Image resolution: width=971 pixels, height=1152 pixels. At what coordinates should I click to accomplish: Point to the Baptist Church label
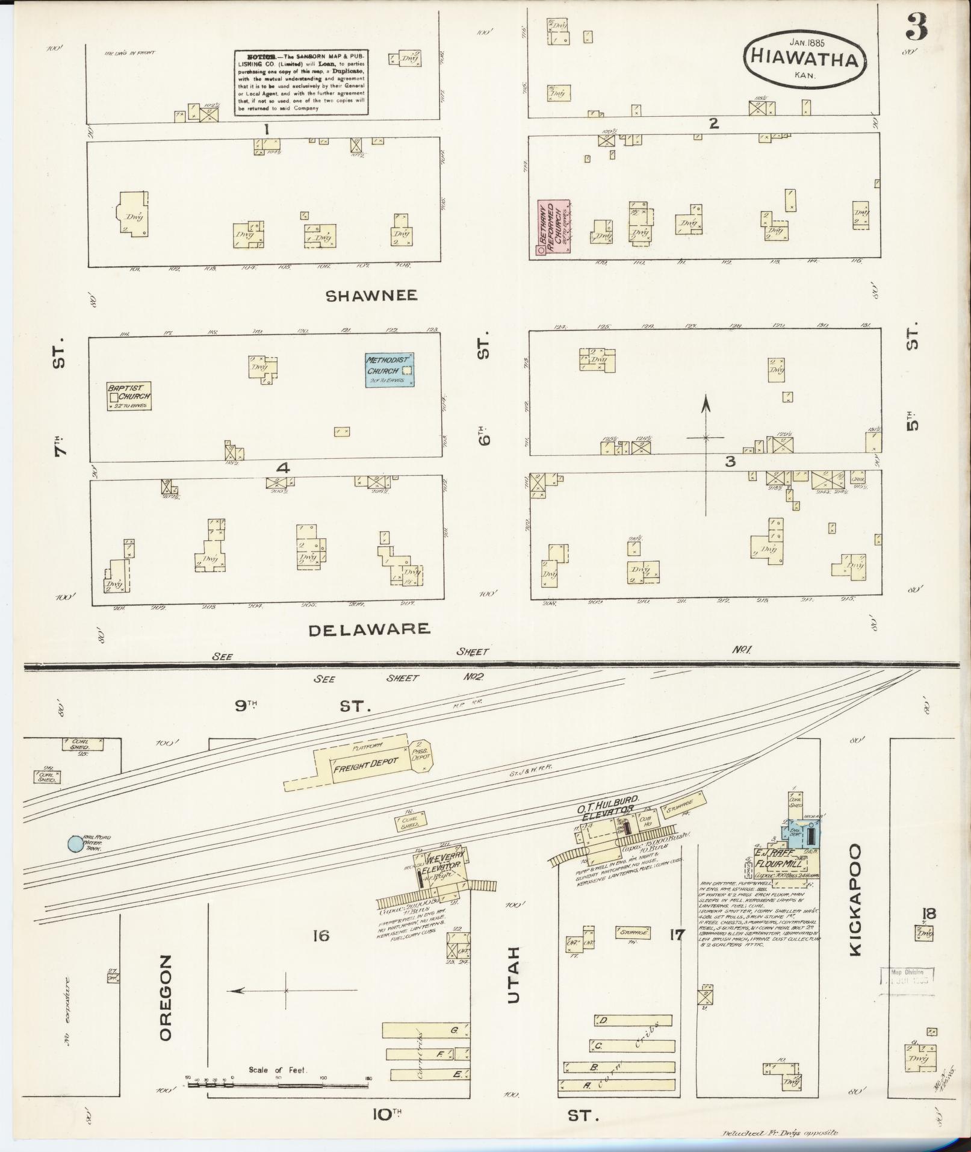(129, 393)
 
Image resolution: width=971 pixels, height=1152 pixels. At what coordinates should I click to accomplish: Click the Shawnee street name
(371, 296)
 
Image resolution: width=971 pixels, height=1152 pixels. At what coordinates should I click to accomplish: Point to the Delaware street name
(370, 629)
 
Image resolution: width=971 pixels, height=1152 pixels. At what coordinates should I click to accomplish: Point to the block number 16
(321, 936)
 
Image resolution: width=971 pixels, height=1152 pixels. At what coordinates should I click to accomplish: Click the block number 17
(677, 935)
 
